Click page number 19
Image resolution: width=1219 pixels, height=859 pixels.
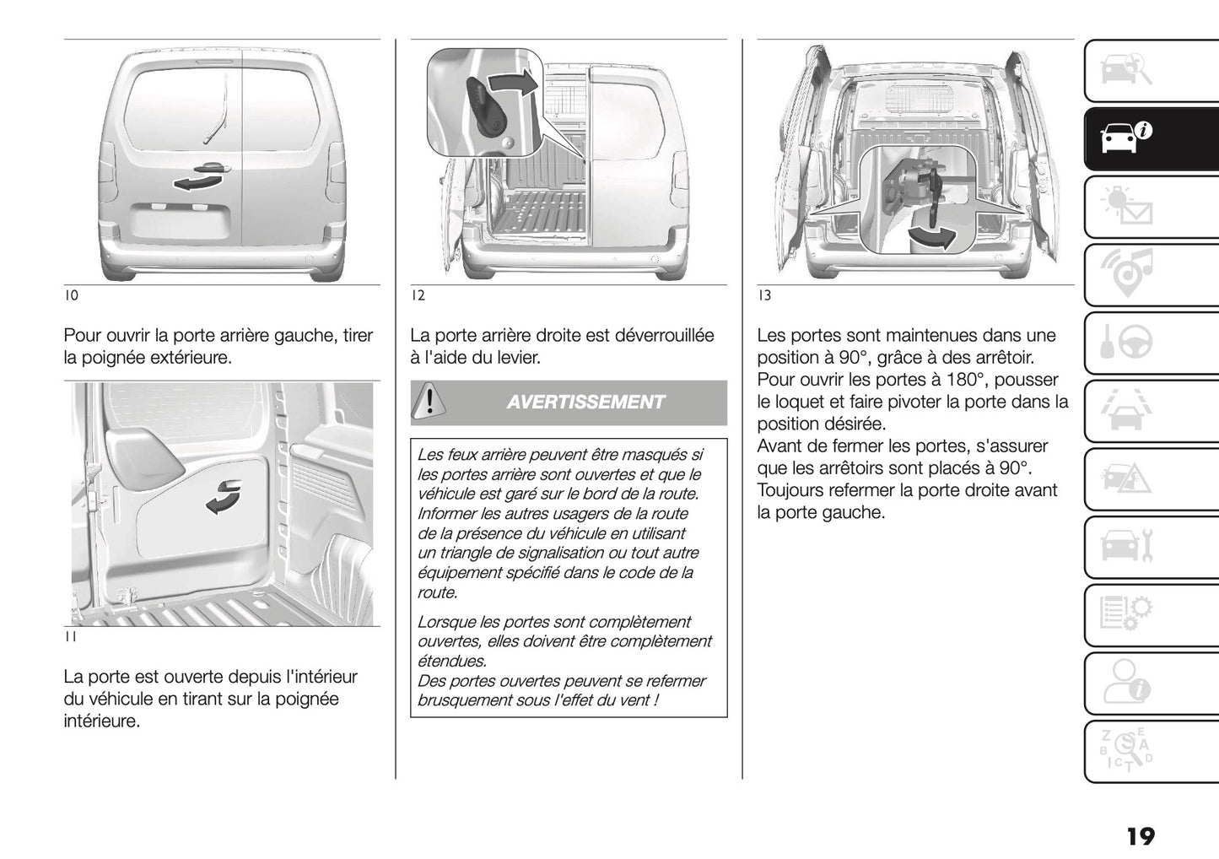point(1139,836)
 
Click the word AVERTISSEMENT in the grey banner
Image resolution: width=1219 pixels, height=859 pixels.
point(585,402)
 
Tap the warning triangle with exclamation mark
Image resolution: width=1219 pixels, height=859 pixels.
point(429,401)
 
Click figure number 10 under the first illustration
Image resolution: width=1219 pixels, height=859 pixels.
point(71,295)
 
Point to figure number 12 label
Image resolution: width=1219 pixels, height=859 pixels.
point(418,295)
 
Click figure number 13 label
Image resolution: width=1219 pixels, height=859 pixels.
point(764,295)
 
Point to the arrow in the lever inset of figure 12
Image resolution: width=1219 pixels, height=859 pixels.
point(512,82)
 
